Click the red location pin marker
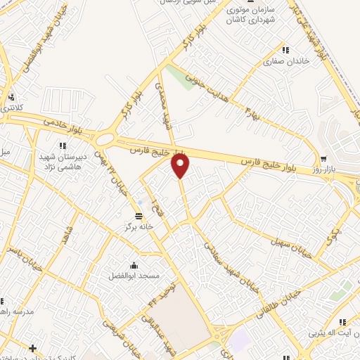click(x=181, y=166)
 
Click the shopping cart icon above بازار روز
click(x=323, y=159)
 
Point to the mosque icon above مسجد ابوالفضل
click(x=134, y=264)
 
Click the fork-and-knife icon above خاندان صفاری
click(x=285, y=49)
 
